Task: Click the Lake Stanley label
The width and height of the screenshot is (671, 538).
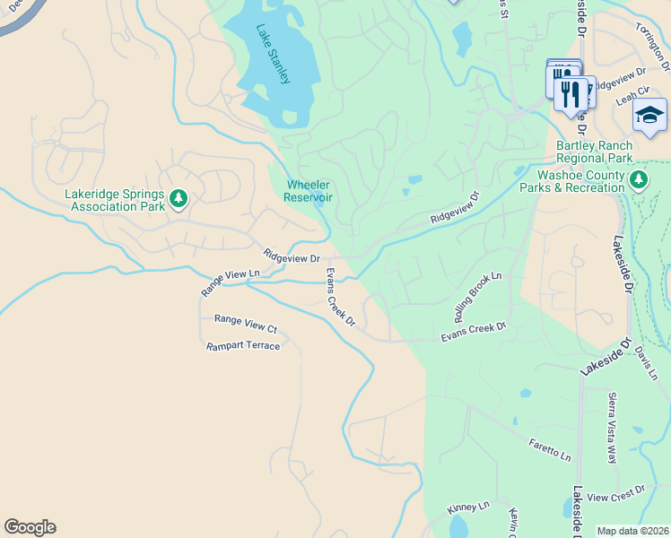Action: [273, 54]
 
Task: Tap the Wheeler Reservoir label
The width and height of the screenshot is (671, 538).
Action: [309, 191]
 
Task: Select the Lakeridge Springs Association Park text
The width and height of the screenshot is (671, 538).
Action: [114, 200]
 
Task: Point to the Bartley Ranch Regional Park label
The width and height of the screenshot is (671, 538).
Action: [594, 152]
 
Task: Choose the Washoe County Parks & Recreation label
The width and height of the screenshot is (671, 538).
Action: [580, 181]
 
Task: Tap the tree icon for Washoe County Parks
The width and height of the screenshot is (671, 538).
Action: [638, 180]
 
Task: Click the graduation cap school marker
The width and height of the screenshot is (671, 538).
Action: [649, 115]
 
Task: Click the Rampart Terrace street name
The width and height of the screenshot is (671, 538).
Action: [242, 346]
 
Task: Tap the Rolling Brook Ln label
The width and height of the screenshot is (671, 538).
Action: [477, 298]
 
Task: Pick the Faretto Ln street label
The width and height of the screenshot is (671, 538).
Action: [549, 451]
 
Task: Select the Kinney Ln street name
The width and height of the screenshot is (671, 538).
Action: [468, 508]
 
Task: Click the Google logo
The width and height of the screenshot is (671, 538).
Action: [30, 527]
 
